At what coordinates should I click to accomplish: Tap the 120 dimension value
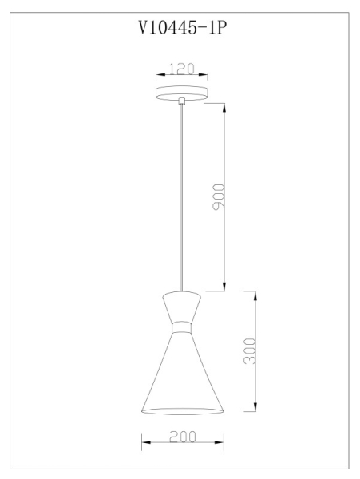(x=183, y=69)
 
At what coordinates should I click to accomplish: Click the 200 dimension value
(x=182, y=437)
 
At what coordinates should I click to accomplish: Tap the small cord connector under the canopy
(x=183, y=101)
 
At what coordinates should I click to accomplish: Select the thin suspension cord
(x=183, y=200)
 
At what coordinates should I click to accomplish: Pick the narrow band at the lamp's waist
(x=183, y=326)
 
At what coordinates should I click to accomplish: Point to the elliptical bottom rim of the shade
(x=183, y=412)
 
